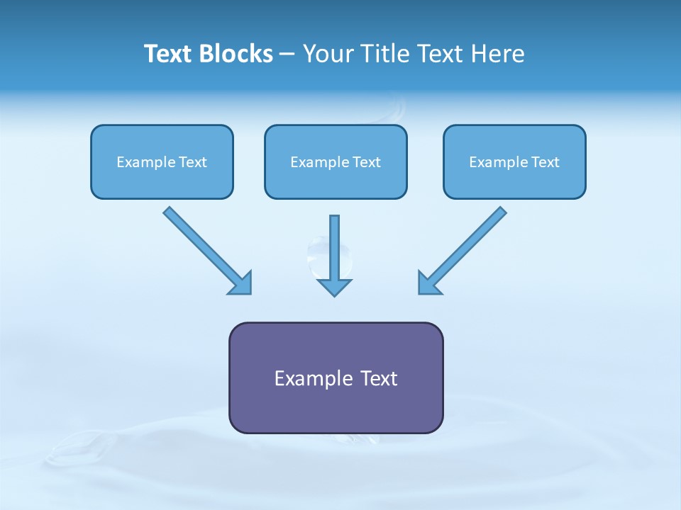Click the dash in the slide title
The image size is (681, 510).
pos(287,55)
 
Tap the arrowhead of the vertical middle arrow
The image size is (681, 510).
pos(334,287)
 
